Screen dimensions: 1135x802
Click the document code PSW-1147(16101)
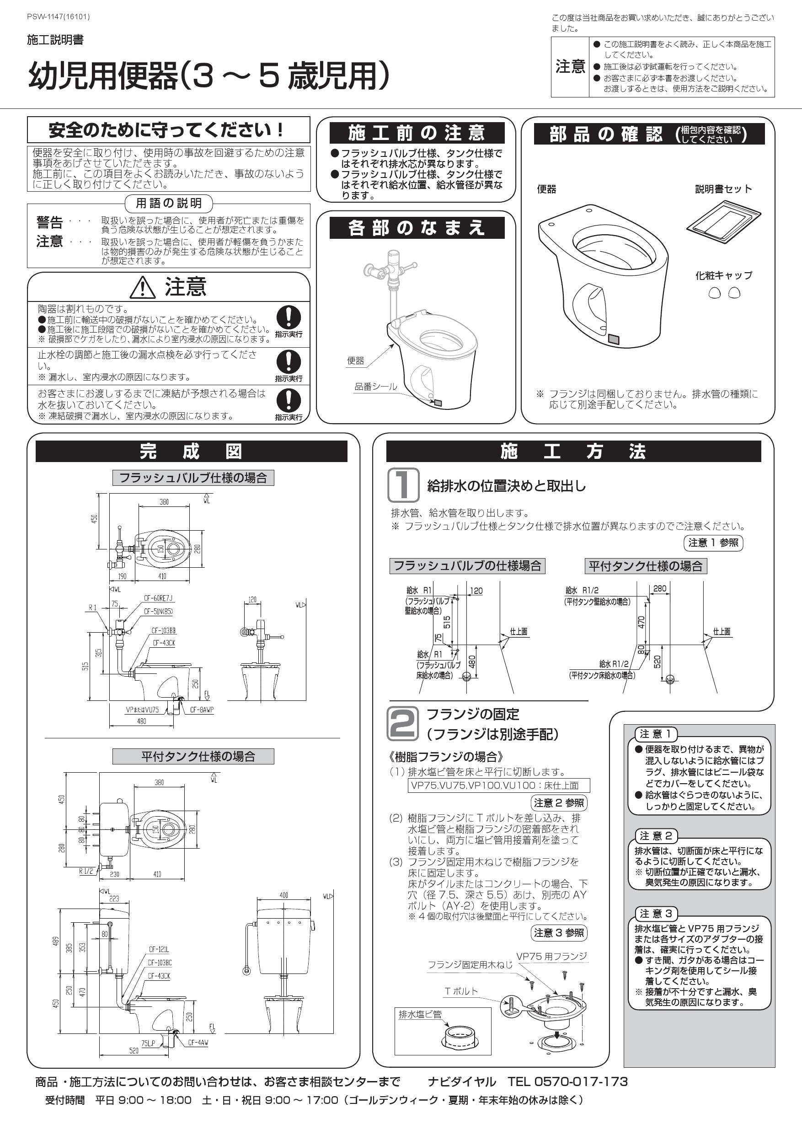click(x=59, y=17)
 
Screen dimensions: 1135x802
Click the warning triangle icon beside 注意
click(x=142, y=287)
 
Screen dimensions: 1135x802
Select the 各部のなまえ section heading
click(x=417, y=228)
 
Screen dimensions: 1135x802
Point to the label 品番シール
click(x=375, y=387)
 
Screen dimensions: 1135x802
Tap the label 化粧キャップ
click(x=723, y=275)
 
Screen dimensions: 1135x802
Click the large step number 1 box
click(x=403, y=485)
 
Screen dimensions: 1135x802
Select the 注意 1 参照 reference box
click(x=713, y=543)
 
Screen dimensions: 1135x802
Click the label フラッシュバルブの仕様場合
click(x=467, y=565)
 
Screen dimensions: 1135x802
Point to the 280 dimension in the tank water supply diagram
click(x=660, y=588)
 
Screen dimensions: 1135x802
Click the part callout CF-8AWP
click(x=202, y=710)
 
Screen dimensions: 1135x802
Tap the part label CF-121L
click(x=159, y=950)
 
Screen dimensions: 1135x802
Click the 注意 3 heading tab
click(x=656, y=914)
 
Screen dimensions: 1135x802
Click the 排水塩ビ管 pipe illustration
click(x=460, y=1039)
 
